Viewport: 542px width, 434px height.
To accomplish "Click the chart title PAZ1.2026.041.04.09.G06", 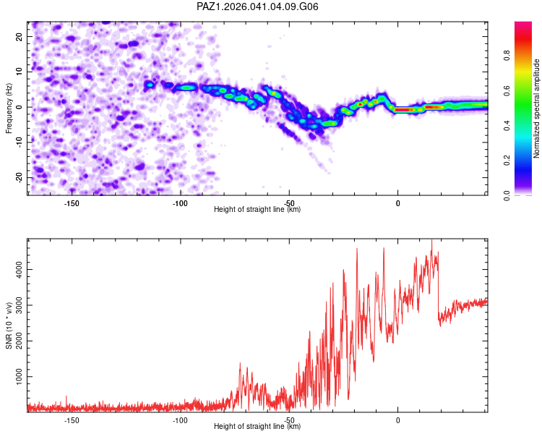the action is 257,7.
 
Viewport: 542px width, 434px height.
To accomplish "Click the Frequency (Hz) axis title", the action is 9,109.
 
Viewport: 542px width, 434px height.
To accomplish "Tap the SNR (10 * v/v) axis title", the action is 9,325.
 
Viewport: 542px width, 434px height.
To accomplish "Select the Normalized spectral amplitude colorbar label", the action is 536,109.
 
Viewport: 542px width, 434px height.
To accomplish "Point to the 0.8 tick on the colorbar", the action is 507,56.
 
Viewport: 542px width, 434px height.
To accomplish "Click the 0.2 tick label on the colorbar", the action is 507,161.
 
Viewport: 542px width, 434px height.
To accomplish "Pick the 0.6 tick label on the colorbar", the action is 507,90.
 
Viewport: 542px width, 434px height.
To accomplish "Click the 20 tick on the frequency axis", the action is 19,37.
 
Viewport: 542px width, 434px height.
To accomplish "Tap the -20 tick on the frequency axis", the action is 19,178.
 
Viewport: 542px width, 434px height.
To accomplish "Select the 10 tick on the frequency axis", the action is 19,72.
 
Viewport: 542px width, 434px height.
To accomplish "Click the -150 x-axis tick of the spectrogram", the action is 72,203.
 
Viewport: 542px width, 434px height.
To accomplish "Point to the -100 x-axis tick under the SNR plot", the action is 180,420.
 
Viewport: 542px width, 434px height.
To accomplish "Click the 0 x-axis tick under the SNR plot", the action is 398,420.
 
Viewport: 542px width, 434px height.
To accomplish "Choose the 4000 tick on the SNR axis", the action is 19,270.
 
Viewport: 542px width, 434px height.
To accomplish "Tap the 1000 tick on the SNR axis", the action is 19,377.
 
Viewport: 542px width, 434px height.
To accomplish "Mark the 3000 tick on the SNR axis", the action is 19,305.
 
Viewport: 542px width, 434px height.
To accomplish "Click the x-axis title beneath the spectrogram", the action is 257,209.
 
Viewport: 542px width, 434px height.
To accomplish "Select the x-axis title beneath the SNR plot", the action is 257,426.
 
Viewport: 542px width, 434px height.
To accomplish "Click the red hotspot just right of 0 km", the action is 404,110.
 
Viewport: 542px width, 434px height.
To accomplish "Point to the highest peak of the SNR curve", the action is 431,240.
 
